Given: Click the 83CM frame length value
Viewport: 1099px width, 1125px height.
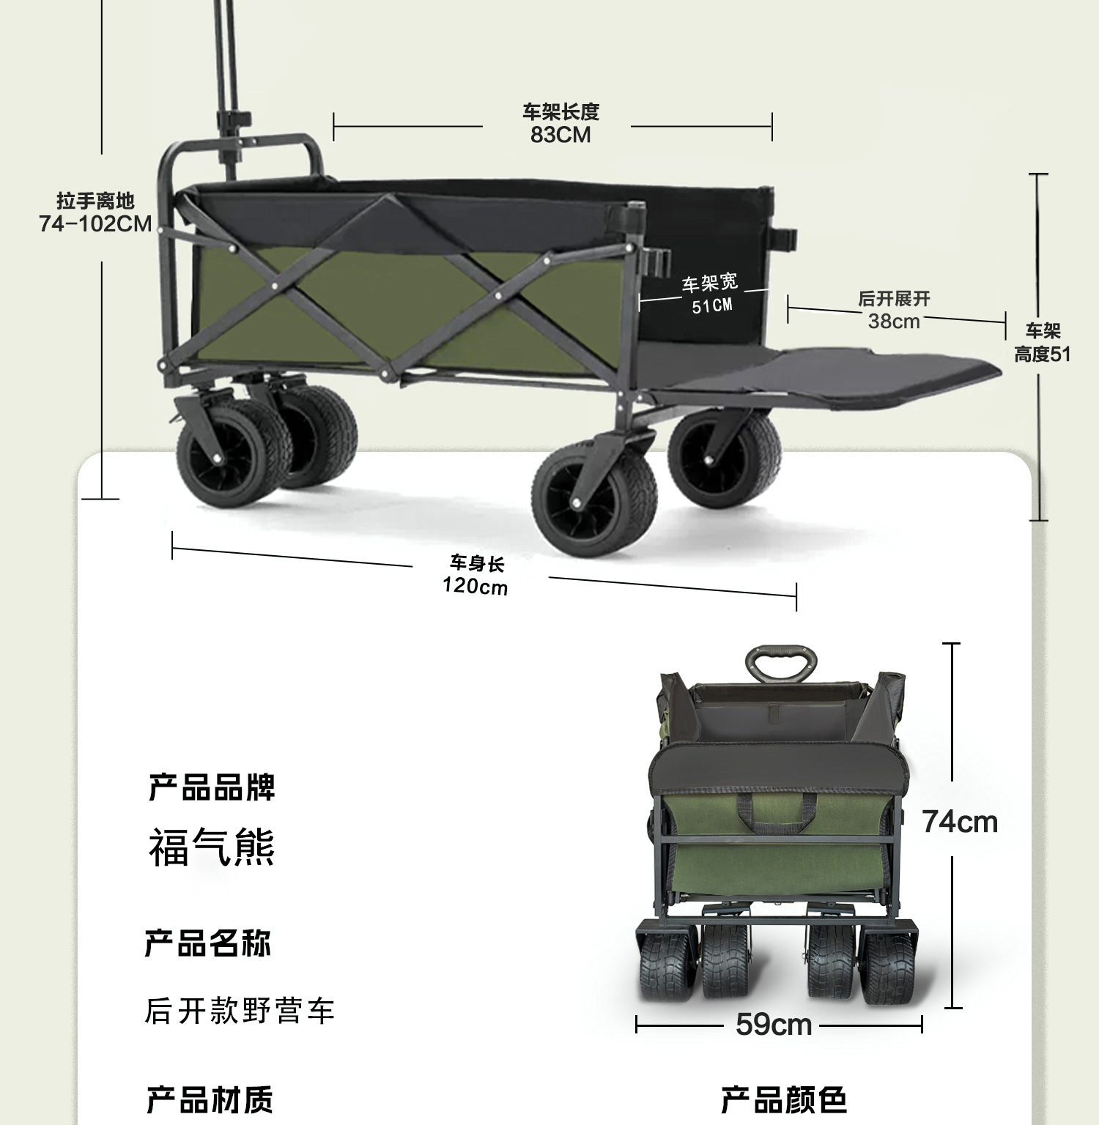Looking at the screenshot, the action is pyautogui.click(x=560, y=135).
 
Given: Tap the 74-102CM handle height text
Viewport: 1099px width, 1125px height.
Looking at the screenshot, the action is pyautogui.click(x=95, y=223).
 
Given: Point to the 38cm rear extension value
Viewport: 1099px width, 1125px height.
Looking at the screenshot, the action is pyautogui.click(x=894, y=321).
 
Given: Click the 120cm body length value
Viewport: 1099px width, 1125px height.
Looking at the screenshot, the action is pyautogui.click(x=475, y=586).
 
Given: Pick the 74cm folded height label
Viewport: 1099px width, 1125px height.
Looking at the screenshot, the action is pyautogui.click(x=960, y=822).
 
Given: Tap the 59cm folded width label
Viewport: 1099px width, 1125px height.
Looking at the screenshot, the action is pyautogui.click(x=774, y=1025).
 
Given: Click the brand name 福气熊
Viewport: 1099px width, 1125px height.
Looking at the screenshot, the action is pyautogui.click(x=212, y=847).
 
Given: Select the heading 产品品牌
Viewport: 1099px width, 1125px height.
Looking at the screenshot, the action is pyautogui.click(x=212, y=787).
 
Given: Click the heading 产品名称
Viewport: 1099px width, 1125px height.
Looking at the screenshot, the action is pyautogui.click(x=208, y=943).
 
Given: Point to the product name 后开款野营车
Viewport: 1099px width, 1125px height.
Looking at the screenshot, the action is pyautogui.click(x=240, y=1011).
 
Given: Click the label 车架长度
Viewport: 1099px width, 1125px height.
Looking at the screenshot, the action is pyautogui.click(x=560, y=112).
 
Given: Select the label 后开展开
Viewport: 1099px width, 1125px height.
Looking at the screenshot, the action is pyautogui.click(x=894, y=299).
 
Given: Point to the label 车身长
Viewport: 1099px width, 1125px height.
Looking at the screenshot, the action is pyautogui.click(x=477, y=563).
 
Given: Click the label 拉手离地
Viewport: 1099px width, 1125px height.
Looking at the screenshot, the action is pyautogui.click(x=95, y=201).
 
